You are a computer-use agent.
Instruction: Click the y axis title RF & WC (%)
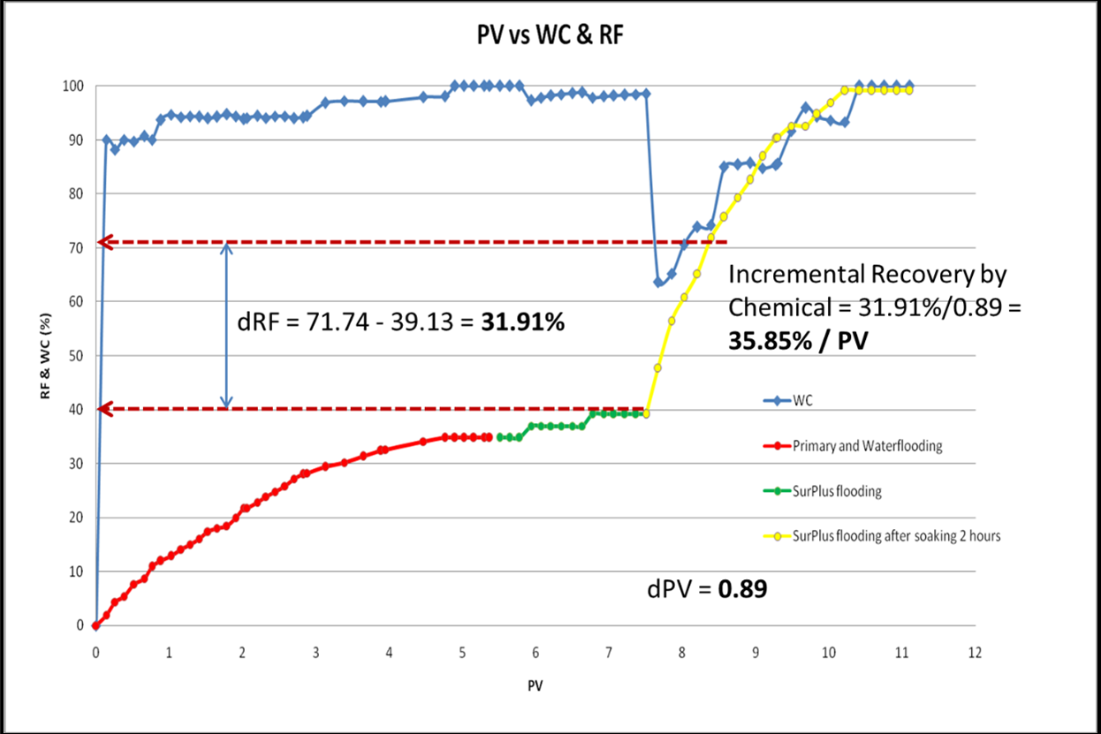click(x=45, y=355)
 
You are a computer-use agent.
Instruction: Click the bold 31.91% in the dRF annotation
click(x=522, y=323)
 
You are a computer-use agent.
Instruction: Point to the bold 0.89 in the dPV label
click(x=742, y=588)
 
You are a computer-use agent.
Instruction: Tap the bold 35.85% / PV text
click(x=795, y=341)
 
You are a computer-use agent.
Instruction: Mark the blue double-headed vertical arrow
click(x=227, y=325)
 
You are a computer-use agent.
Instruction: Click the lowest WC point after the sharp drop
click(x=658, y=283)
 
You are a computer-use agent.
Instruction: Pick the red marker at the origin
click(x=95, y=625)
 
